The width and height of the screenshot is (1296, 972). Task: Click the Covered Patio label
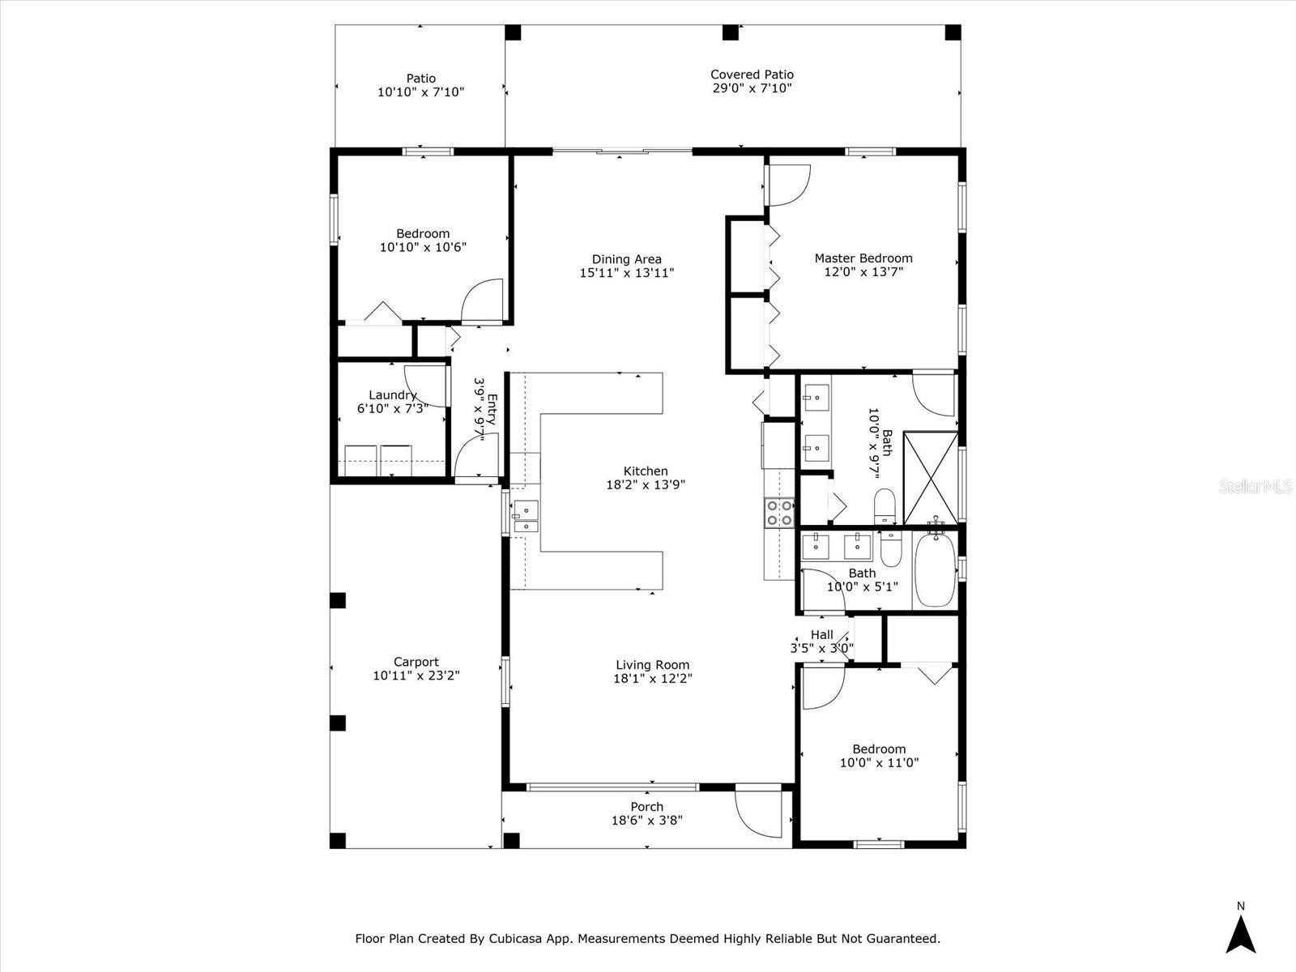(752, 75)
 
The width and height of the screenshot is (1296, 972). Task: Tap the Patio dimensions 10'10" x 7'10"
(421, 92)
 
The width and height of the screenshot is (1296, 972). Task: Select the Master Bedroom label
(863, 258)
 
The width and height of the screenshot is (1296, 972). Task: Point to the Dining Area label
(626, 259)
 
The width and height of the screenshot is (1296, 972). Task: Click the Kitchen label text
(646, 471)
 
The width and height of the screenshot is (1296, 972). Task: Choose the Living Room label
(652, 664)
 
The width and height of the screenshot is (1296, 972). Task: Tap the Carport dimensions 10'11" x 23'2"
(416, 676)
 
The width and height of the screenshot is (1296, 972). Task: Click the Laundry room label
(393, 395)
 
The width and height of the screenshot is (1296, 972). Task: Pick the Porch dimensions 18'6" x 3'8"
(647, 820)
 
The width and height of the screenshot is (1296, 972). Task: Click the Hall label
(822, 634)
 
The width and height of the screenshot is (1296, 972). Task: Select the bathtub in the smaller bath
(935, 569)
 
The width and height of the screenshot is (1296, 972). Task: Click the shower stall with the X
(931, 478)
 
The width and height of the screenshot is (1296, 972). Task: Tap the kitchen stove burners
(779, 512)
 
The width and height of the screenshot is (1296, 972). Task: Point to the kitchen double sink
(525, 517)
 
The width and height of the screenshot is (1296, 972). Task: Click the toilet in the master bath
(885, 505)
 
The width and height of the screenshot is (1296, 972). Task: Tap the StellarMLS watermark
(1255, 486)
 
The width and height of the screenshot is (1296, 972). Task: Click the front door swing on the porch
(758, 813)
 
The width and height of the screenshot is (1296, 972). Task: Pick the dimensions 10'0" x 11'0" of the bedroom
(879, 762)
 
